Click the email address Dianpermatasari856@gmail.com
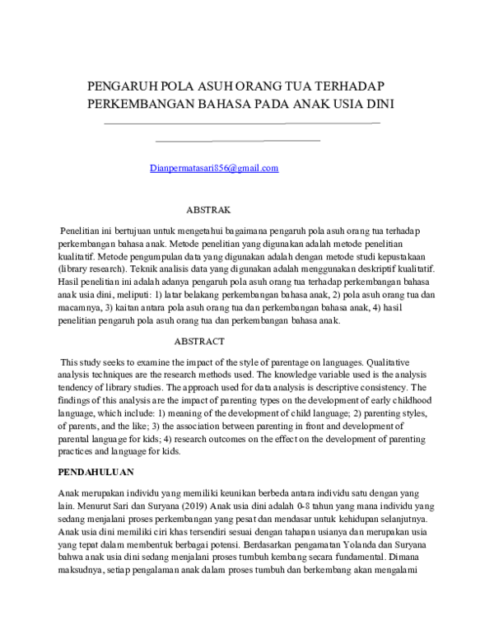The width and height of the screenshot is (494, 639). coord(215,169)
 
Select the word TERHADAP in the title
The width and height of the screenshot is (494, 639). coord(352,86)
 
